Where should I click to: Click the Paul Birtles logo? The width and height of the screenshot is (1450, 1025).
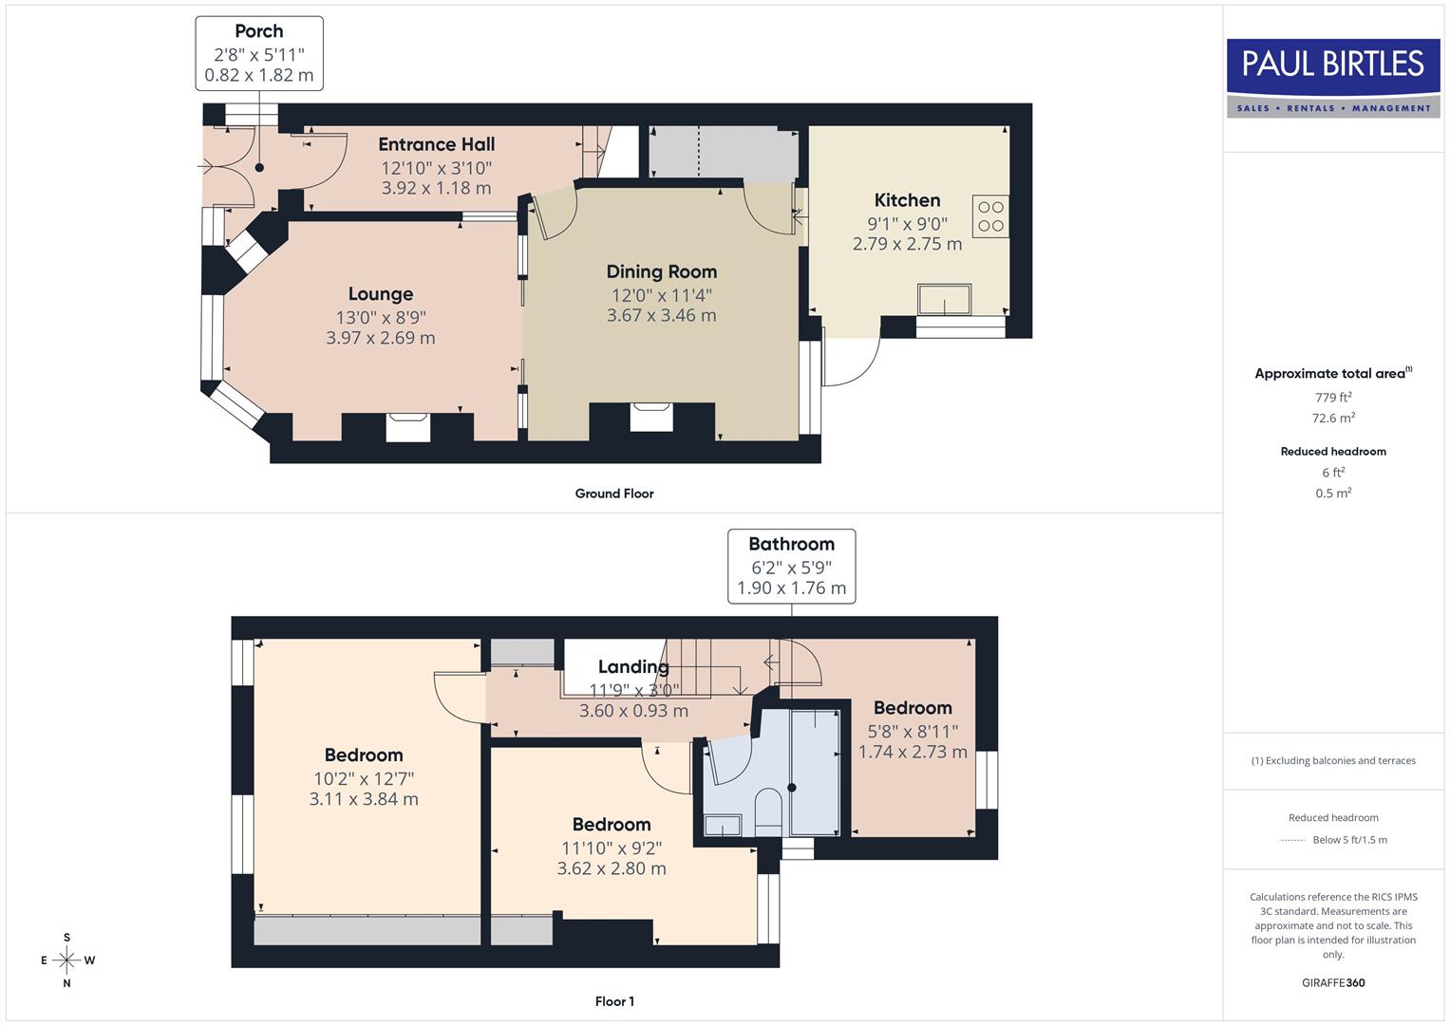pos(1333,77)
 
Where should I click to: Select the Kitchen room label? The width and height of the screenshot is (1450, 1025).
pos(907,200)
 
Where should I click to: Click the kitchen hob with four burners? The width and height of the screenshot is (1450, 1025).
pos(990,216)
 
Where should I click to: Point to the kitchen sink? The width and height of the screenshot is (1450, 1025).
pos(944,299)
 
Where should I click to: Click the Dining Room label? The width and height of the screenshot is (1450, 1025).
pos(661,272)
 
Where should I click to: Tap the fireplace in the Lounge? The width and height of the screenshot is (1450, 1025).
pos(407,426)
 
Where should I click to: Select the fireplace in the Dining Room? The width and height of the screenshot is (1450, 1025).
pos(651,417)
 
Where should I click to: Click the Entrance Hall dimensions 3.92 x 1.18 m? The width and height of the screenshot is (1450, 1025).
pos(436,188)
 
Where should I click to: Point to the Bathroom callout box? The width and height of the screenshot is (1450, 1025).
pos(791,566)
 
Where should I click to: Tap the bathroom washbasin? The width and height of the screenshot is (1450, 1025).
pos(722,826)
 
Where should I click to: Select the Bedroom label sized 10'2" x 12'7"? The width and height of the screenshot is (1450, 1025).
pos(364,755)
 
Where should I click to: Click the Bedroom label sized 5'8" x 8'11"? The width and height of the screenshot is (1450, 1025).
pos(913,708)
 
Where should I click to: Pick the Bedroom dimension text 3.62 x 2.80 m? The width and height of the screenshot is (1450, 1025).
pos(612,868)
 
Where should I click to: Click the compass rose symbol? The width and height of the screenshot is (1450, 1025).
pos(66,960)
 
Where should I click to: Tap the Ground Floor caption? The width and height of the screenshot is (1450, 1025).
pos(614,494)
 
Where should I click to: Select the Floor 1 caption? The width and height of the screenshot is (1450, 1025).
pos(614,1001)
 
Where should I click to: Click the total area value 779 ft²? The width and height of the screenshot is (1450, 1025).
pos(1333,398)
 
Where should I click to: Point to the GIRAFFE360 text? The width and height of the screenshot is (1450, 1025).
pos(1333,982)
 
